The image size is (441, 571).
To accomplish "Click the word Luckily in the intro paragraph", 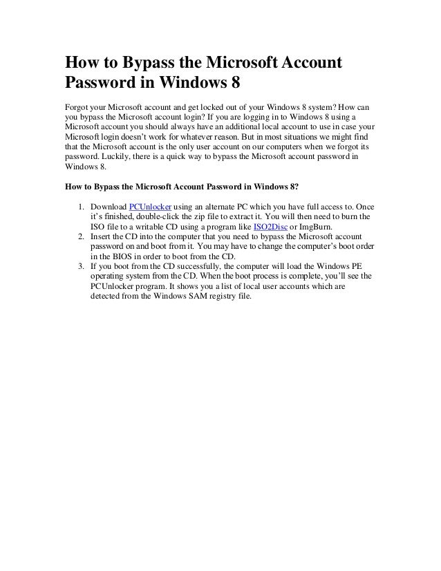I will coord(120,158).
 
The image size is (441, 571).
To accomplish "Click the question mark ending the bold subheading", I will coord(297,186).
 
